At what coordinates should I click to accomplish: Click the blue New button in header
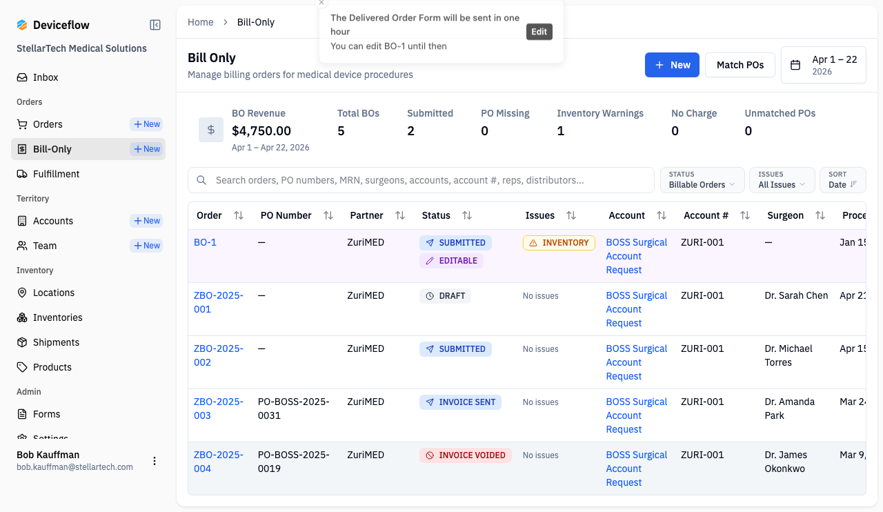(x=672, y=65)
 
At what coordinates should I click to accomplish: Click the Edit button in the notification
(x=539, y=32)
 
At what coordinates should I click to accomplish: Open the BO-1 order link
(x=205, y=242)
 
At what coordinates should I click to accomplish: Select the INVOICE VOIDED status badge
(x=465, y=455)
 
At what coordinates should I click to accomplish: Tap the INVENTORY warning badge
(x=559, y=243)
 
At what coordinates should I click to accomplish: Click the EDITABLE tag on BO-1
(x=451, y=261)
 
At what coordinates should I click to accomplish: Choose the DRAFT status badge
(x=445, y=296)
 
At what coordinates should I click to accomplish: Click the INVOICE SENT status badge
(x=460, y=402)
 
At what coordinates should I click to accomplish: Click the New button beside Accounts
(x=146, y=221)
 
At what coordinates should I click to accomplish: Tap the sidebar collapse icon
(x=155, y=25)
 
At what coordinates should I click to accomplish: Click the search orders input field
(x=421, y=180)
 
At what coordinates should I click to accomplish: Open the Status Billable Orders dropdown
(x=702, y=180)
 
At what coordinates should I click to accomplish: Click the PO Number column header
(x=286, y=215)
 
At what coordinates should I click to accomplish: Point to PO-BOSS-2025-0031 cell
(x=293, y=408)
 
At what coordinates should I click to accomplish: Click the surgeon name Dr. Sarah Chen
(x=796, y=295)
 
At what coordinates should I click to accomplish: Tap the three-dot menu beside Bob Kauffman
(x=155, y=461)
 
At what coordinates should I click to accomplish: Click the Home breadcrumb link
(x=200, y=22)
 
